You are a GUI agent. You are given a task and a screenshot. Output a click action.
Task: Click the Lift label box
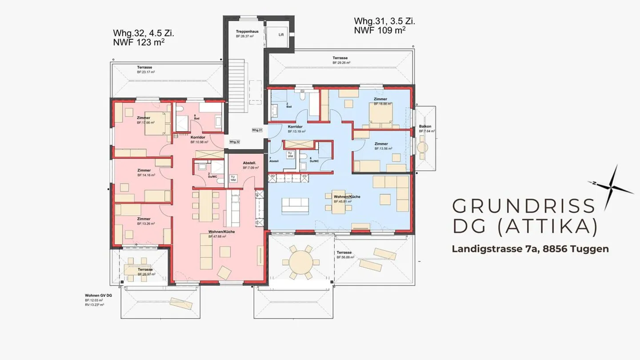click(x=281, y=35)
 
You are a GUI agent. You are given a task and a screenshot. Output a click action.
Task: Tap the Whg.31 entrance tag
click(x=257, y=130)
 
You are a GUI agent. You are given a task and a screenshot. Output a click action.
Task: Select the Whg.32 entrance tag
click(x=235, y=142)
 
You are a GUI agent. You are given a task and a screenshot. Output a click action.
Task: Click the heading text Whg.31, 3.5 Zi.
click(x=385, y=21)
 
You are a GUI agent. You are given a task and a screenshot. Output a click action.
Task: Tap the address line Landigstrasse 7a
click(x=530, y=249)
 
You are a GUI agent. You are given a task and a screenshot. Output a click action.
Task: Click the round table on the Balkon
click(x=423, y=147)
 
